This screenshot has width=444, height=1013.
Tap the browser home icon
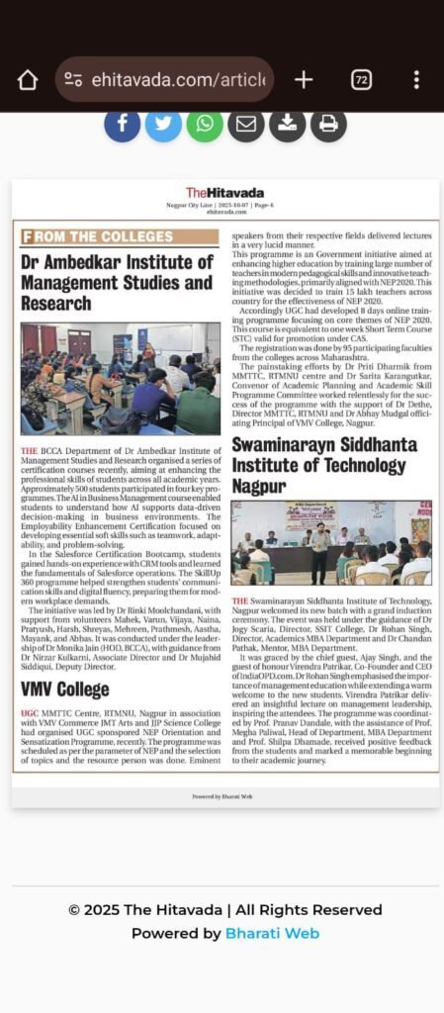coord(27,80)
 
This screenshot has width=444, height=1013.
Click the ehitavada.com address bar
coord(163,80)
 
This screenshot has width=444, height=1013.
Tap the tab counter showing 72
coord(361,80)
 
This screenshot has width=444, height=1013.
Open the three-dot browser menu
coord(416,80)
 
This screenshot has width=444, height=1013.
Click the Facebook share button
coord(123,124)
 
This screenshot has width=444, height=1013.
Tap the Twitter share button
coord(163,124)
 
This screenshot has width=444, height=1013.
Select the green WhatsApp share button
coord(205,124)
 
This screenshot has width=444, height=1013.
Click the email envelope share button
coord(246,124)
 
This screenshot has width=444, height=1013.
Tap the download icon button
coord(287,124)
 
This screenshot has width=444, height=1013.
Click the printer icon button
coord(328,124)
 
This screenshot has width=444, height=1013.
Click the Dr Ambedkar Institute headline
coord(117,282)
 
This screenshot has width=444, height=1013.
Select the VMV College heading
coord(64,690)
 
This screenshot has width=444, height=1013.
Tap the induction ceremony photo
coord(331,542)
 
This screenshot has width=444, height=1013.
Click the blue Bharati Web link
coord(272,933)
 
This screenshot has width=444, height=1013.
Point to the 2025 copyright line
coord(225,910)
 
